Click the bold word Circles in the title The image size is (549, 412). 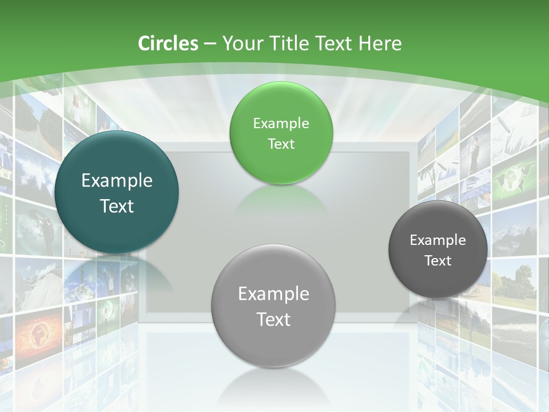coord(168,43)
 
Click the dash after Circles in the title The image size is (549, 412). coord(210,44)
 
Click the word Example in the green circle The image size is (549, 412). coord(281,124)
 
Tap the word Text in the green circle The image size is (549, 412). coord(281,144)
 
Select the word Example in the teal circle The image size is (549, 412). coord(117,181)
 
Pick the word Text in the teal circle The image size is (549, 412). coord(117,206)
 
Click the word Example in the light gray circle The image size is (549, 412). coord(273,294)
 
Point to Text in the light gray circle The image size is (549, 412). coord(273,319)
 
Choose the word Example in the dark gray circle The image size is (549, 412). coord(437,240)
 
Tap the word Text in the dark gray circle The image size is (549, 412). coord(438,261)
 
